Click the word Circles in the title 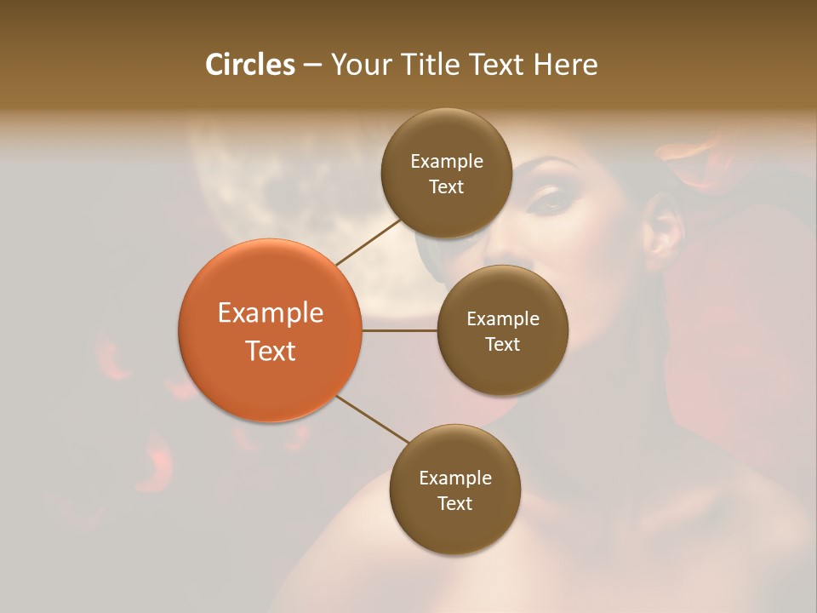click(x=250, y=65)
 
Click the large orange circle click(x=270, y=330)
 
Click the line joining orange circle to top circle click(x=369, y=242)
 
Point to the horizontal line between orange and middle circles click(x=399, y=330)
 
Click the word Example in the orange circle click(x=271, y=313)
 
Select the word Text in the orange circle click(x=271, y=351)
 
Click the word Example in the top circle click(x=447, y=162)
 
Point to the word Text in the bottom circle click(x=454, y=503)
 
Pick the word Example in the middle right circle click(x=503, y=319)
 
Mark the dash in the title click(x=312, y=66)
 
